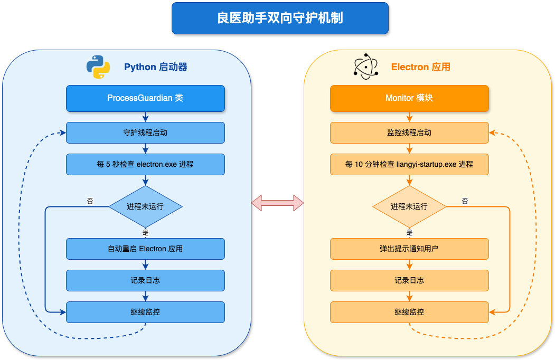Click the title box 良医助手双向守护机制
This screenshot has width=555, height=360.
[280, 18]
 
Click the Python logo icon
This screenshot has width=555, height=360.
[98, 67]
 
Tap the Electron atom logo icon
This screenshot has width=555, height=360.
[365, 67]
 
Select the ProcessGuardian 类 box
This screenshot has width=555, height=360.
[145, 98]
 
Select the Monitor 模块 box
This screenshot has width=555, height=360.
[409, 98]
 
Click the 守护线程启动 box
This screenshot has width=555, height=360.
[145, 132]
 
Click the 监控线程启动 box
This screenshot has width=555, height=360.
[409, 132]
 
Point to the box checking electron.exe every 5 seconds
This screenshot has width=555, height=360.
[145, 164]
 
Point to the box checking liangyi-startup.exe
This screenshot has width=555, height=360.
[409, 164]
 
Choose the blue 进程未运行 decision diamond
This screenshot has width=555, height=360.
[145, 206]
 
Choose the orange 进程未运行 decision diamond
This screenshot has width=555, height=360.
[409, 206]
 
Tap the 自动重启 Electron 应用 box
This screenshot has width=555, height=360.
[145, 249]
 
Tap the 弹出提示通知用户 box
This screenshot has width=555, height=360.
[409, 249]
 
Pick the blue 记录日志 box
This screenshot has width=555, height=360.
[145, 280]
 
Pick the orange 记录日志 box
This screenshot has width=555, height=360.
[409, 280]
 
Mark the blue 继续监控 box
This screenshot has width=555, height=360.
[145, 312]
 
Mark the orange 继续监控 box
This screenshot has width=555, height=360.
[409, 312]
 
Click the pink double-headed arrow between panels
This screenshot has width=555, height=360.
[277, 202]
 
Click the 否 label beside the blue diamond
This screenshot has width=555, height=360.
[90, 201]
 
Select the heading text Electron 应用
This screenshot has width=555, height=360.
[420, 67]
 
